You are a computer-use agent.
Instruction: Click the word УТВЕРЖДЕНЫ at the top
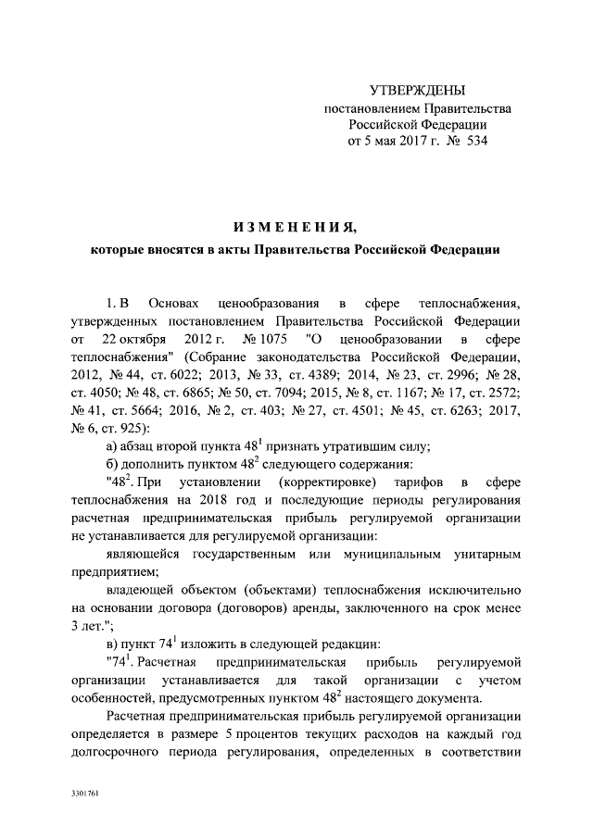pyautogui.click(x=417, y=91)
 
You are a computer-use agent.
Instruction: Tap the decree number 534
pyautogui.click(x=472, y=142)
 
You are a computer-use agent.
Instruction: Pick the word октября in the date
pyautogui.click(x=150, y=338)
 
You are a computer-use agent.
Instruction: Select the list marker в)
pyautogui.click(x=113, y=644)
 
